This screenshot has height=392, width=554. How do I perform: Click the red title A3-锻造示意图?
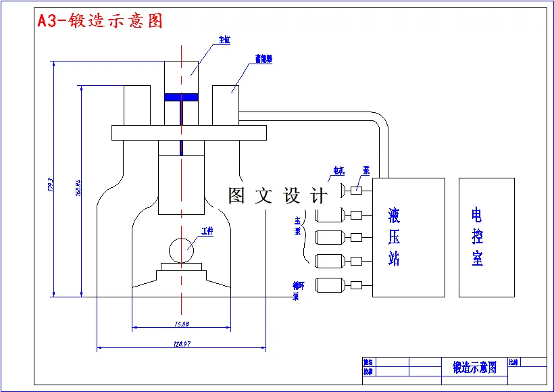100,21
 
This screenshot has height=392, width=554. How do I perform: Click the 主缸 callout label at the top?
224,41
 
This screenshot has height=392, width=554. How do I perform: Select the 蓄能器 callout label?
263,59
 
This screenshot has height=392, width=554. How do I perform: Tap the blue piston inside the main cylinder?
182,97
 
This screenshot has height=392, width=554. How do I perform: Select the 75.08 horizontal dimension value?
181,324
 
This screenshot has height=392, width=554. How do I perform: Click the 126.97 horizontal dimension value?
181,344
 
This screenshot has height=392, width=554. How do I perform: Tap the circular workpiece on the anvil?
182,250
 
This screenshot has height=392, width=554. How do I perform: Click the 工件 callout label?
207,231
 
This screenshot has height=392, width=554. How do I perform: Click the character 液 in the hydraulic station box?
395,216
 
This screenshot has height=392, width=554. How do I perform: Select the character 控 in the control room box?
477,237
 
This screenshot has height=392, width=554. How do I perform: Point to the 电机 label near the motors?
338,170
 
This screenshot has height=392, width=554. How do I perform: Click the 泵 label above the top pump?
366,170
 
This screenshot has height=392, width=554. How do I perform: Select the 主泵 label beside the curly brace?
297,226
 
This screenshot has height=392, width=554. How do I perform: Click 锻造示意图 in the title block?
474,368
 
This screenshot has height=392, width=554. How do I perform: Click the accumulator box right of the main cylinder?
226,105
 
